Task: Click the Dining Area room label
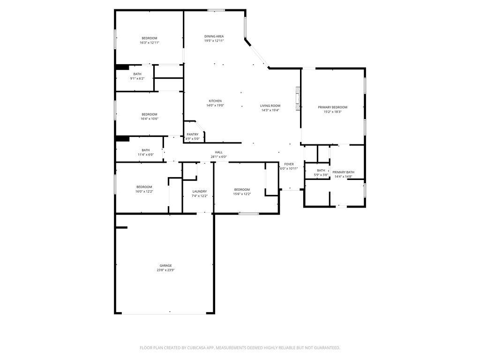pos(214,36)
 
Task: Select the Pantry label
pos(192,135)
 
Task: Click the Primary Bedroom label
pos(332,107)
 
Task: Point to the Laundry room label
pos(200,191)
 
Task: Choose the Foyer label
pos(289,164)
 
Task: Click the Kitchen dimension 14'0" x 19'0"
pos(215,105)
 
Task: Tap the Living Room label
pos(270,105)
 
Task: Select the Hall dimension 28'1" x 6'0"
pos(218,157)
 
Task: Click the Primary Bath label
pos(343,172)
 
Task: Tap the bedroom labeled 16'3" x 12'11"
pos(150,38)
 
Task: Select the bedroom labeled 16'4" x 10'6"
pos(150,114)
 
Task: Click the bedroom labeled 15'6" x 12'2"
pos(242,189)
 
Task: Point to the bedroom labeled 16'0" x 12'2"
pos(144,187)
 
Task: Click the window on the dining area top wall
pos(216,10)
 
